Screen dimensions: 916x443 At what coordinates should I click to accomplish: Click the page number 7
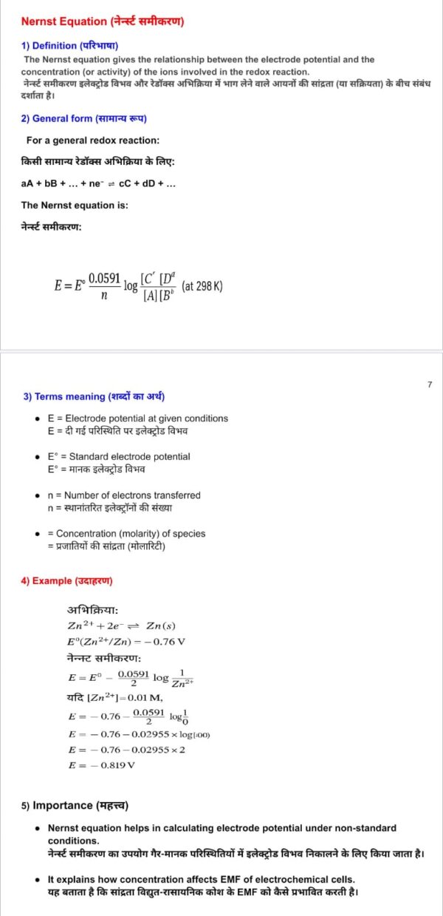coord(429,384)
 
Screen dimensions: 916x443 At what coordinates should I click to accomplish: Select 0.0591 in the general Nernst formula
coord(104,277)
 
